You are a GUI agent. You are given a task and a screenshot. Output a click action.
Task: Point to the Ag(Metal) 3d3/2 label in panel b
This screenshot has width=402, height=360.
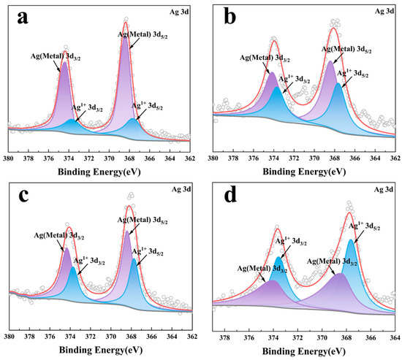pyautogui.click(x=264, y=59)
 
